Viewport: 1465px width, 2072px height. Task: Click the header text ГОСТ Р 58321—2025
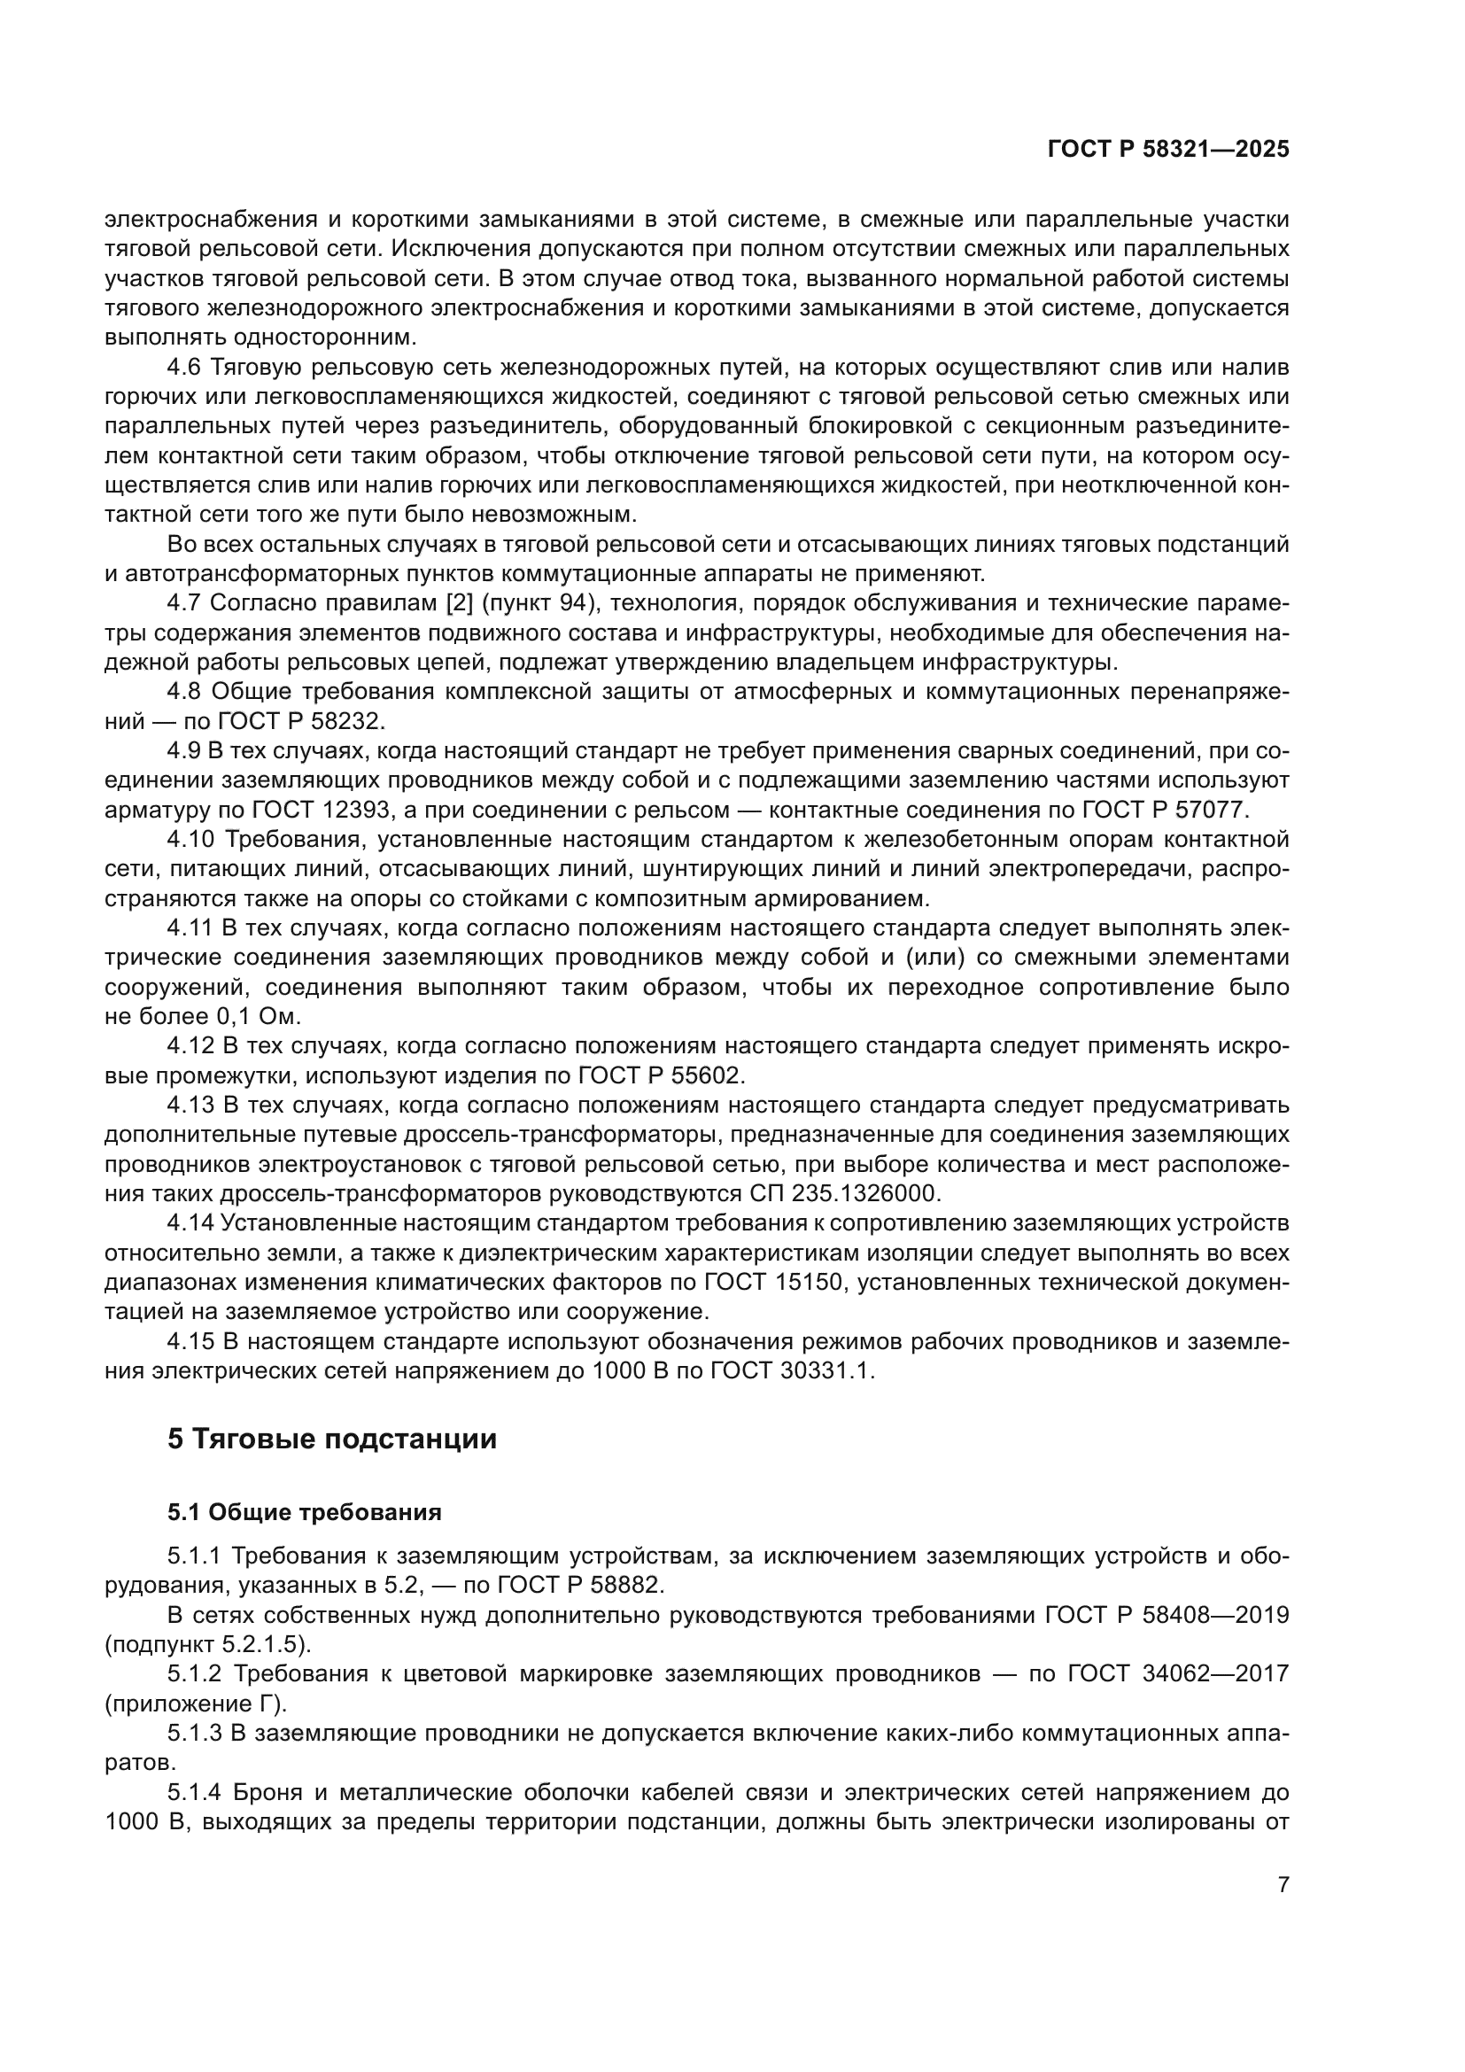[1168, 150]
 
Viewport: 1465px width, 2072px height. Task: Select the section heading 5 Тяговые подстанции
[332, 1439]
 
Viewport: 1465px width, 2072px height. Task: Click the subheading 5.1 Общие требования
[304, 1512]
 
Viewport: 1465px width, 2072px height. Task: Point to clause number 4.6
[184, 368]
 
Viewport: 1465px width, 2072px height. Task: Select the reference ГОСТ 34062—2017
[1178, 1674]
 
